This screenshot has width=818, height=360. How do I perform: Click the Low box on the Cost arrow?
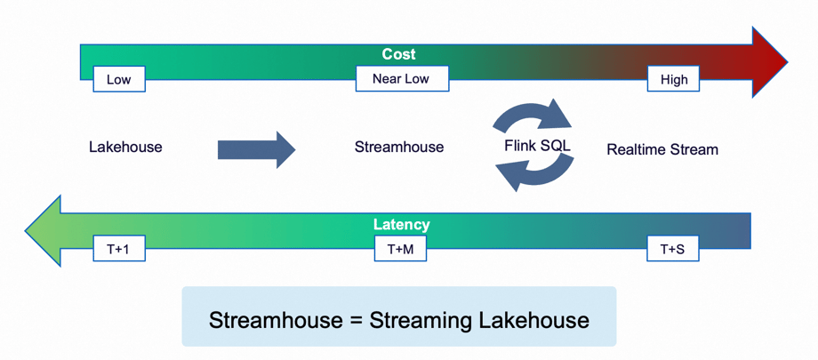coord(119,79)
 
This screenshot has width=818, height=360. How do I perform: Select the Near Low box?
coord(401,78)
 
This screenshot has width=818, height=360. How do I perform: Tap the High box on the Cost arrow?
coord(673,79)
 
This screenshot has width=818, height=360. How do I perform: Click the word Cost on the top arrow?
coord(398,54)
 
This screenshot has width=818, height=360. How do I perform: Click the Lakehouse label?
coord(125,148)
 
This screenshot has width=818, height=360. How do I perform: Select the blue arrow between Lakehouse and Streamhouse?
coord(256,149)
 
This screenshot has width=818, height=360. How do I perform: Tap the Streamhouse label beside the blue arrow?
coord(398,148)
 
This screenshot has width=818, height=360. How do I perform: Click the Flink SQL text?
coord(537,146)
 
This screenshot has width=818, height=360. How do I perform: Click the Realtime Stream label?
coord(662,149)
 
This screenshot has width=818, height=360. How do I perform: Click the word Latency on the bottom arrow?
coord(400,225)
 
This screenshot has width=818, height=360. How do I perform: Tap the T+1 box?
coord(118,249)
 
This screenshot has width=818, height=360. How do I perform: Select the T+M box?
coord(400,249)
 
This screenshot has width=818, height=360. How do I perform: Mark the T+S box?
coord(672,249)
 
